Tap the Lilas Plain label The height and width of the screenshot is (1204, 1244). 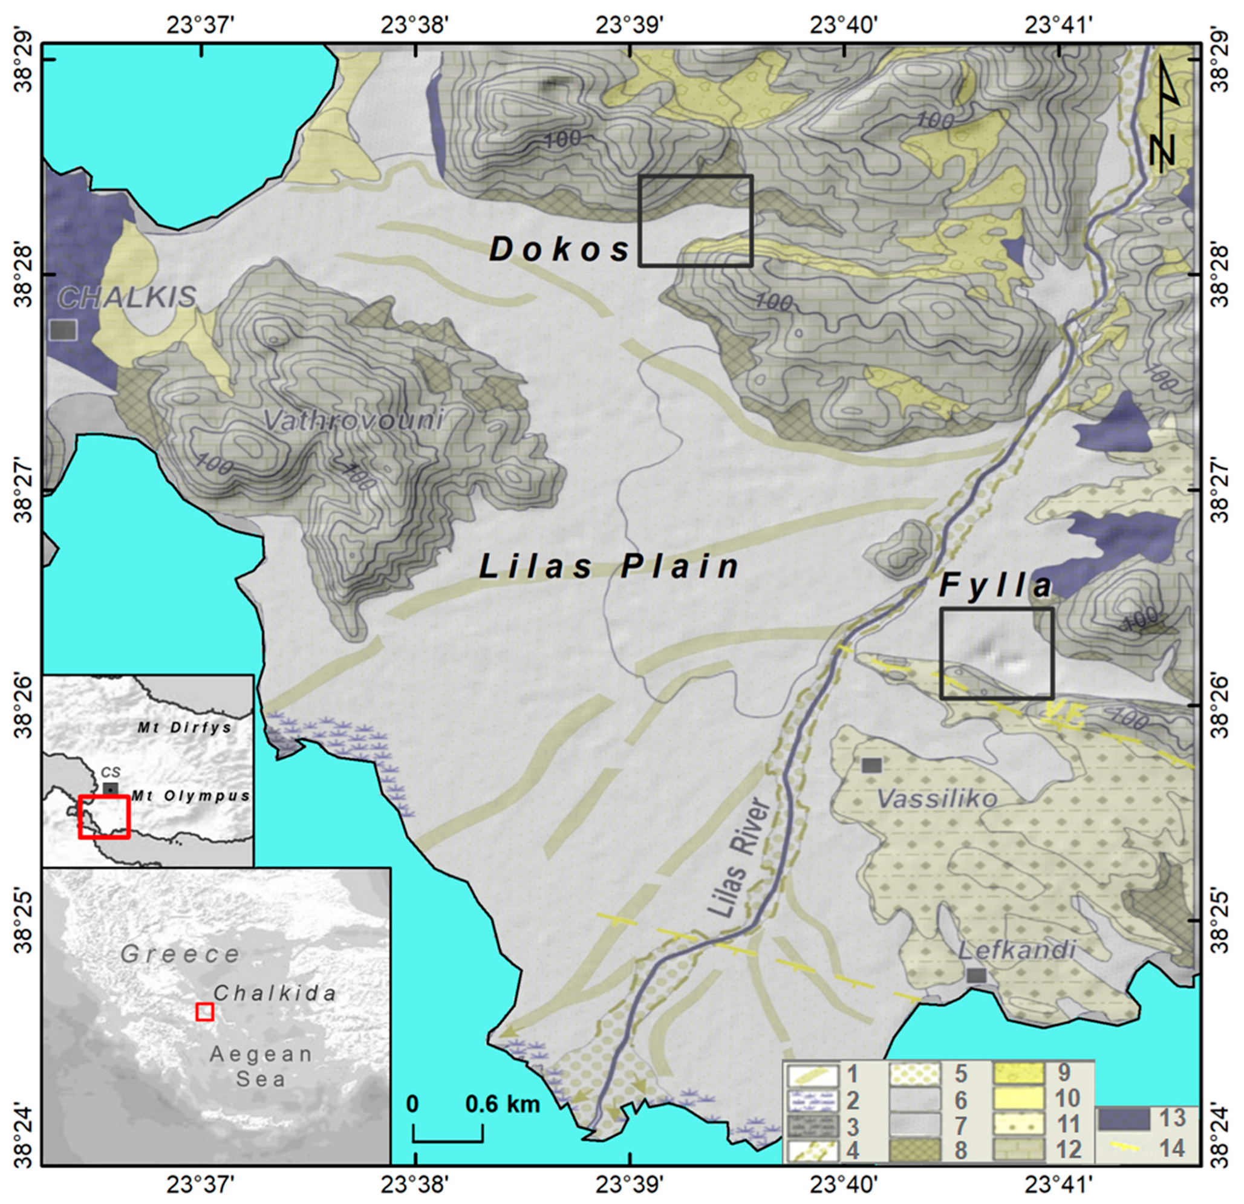(610, 567)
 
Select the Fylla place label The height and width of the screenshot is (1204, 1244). (995, 585)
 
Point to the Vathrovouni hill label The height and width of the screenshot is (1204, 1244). (353, 420)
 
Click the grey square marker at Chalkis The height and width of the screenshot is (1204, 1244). (64, 330)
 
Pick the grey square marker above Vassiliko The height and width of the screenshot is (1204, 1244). (871, 765)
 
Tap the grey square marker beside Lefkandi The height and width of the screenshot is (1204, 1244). (976, 975)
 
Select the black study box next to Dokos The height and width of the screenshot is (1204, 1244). (695, 220)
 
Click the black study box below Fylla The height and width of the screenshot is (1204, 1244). (997, 653)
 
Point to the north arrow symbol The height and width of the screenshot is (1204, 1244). (1165, 114)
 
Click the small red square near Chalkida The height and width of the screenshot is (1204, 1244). (204, 1012)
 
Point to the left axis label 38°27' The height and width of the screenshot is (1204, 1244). (24, 489)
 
